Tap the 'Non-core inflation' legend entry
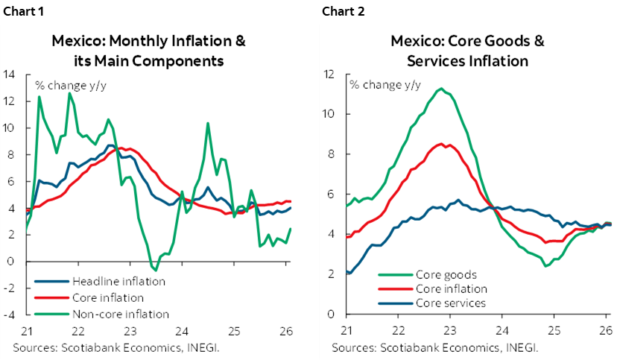coord(120,314)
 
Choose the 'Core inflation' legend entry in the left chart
coord(109,297)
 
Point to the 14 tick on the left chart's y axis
coord(10,74)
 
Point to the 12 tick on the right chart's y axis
coord(330,74)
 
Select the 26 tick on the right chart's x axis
coord(604,330)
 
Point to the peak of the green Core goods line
coord(442,89)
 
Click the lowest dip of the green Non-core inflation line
coord(155,270)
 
